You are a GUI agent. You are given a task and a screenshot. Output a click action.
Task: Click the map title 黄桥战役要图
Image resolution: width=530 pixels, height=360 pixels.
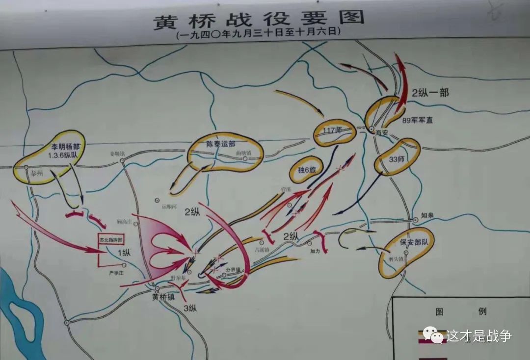coord(260,19)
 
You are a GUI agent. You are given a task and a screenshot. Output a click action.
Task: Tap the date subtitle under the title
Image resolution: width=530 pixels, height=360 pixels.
coord(259,35)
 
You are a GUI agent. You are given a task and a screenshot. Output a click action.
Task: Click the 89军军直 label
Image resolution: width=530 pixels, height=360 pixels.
coord(418,120)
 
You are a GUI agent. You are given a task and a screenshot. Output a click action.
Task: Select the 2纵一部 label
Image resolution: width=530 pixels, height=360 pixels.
coord(430,92)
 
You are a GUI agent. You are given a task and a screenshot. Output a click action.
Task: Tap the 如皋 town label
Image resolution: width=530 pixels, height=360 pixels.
coord(427,215)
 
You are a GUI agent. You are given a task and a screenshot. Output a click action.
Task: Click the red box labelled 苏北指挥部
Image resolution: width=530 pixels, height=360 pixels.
coord(111,240)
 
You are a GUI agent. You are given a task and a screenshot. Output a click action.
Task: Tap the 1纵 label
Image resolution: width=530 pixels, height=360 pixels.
coord(124,253)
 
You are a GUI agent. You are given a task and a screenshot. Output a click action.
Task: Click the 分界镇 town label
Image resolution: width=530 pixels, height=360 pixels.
coord(233,270)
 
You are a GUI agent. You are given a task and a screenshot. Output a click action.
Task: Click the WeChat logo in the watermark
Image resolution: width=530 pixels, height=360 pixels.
coord(433,335)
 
